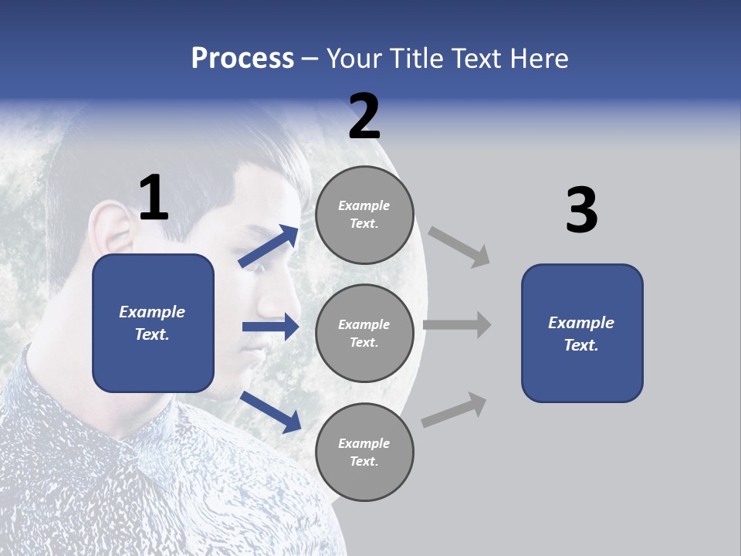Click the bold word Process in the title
(242, 59)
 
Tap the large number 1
(154, 198)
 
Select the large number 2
(364, 117)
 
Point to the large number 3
(581, 211)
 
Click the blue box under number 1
(153, 323)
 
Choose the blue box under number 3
(582, 333)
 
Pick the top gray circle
(364, 215)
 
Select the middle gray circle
(364, 333)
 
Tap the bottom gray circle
(364, 452)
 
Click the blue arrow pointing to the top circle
(269, 246)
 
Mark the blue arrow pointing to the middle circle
(270, 327)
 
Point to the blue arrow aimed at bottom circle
(270, 411)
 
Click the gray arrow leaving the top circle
(459, 246)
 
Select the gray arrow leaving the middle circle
(457, 325)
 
